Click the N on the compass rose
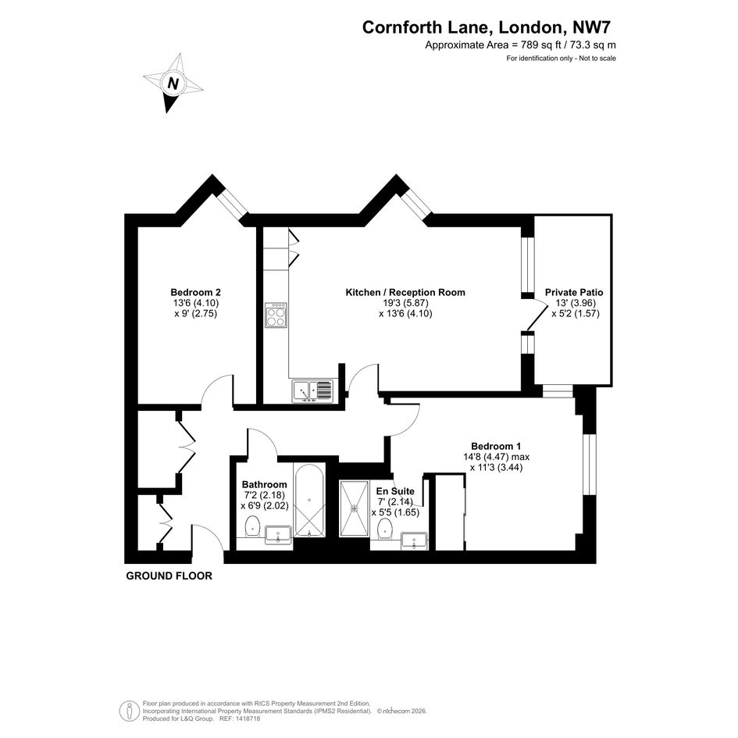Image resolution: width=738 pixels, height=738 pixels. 173,84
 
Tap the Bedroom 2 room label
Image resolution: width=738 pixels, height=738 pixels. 195,292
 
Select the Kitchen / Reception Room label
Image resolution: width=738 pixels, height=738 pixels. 405,292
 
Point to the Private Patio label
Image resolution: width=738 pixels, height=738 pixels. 574,292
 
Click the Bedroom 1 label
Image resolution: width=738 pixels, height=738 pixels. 496,446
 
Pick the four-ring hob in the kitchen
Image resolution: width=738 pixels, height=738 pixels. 276,315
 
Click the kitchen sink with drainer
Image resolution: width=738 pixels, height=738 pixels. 312,391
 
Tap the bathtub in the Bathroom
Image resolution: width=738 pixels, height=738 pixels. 308,500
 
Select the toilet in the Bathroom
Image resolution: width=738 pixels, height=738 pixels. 253,526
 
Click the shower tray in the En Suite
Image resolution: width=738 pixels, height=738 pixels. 355,508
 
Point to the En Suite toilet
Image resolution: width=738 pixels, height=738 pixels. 386,529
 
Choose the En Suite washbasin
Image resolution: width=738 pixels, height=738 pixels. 414,540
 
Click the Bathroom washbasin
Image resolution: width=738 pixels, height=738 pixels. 279,535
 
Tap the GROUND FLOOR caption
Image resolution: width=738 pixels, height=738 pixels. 169,576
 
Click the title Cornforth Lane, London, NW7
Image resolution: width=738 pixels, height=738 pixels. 487,27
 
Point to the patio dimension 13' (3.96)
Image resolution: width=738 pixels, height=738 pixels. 574,303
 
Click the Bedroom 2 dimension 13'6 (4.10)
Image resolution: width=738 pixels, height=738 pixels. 195,303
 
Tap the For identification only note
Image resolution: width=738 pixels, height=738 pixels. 561,59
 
